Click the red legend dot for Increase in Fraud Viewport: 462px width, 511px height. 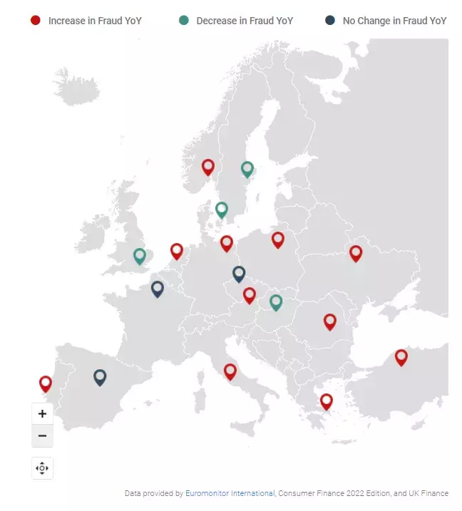pyautogui.click(x=36, y=21)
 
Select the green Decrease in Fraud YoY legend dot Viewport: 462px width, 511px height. pyautogui.click(x=184, y=21)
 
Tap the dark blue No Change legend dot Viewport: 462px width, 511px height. pyautogui.click(x=330, y=21)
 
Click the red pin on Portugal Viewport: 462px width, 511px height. pyautogui.click(x=46, y=383)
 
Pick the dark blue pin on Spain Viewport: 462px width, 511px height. pyautogui.click(x=100, y=376)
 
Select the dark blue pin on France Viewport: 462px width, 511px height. pyautogui.click(x=158, y=288)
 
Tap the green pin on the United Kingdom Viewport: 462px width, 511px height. pyautogui.click(x=140, y=255)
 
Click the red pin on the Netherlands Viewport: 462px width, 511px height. pyautogui.click(x=177, y=250)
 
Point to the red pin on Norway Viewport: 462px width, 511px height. pyautogui.click(x=208, y=167)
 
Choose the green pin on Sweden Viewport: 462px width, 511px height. pyautogui.click(x=247, y=169)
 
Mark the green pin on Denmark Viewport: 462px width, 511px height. pyautogui.click(x=222, y=209)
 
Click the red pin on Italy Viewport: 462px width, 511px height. pyautogui.click(x=230, y=371)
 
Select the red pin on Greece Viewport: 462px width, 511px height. pyautogui.click(x=326, y=401)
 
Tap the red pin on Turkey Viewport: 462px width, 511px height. pyautogui.click(x=401, y=356)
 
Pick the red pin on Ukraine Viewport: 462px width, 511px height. pyautogui.click(x=356, y=252)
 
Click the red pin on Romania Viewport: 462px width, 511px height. pyautogui.click(x=330, y=321)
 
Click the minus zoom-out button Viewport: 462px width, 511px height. pyautogui.click(x=42, y=435)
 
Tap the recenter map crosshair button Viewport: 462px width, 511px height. pyautogui.click(x=42, y=468)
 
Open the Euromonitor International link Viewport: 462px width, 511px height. pyautogui.click(x=230, y=493)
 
